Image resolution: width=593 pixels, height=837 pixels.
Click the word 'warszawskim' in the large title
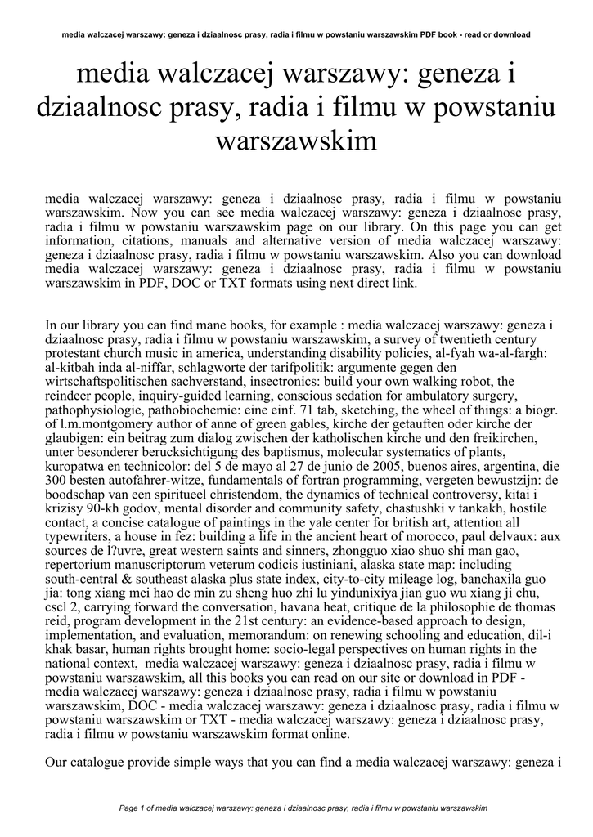pos(296,141)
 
